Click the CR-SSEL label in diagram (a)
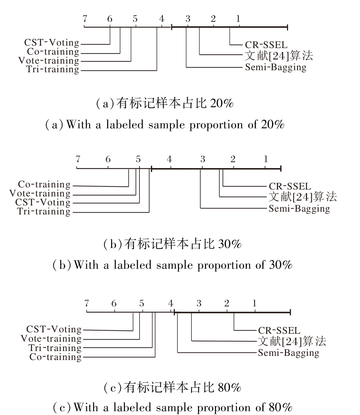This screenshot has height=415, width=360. [x=266, y=45]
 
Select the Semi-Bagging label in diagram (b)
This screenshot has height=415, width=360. [x=299, y=209]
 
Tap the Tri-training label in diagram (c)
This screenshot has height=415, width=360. [x=55, y=348]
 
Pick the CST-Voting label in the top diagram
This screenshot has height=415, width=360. [x=52, y=43]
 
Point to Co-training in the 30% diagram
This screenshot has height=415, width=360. [x=44, y=184]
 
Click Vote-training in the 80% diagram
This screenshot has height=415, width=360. [x=51, y=339]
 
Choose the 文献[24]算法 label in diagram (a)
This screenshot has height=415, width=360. [x=278, y=55]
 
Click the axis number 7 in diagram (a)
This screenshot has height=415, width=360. [x=85, y=19]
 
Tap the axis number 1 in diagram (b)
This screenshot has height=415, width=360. [x=265, y=159]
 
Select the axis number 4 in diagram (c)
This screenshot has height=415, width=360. [x=171, y=304]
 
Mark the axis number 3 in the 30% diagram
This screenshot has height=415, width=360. [x=202, y=159]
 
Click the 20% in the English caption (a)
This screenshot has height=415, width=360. [x=272, y=125]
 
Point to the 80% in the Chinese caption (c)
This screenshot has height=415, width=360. [x=229, y=388]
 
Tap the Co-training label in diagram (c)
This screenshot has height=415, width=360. [x=55, y=357]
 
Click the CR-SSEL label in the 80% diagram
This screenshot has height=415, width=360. [x=279, y=331]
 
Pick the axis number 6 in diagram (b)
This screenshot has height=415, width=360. [x=108, y=159]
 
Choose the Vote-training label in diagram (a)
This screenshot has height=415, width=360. [x=49, y=61]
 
